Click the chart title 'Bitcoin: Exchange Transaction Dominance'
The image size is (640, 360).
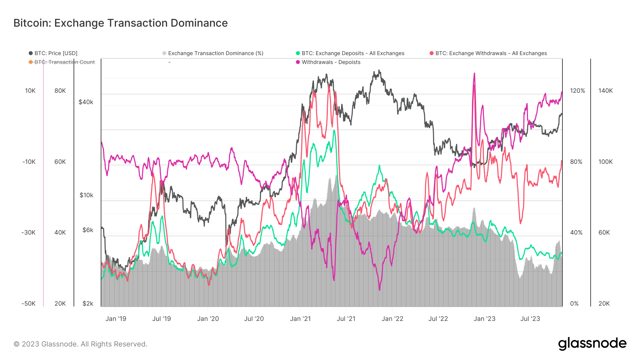tap(121, 23)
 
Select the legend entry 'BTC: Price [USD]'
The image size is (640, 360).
tap(55, 53)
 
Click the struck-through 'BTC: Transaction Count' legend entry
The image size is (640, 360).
tap(64, 62)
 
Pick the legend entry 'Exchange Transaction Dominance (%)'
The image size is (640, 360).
tap(215, 53)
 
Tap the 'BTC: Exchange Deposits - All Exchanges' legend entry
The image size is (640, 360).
tap(353, 53)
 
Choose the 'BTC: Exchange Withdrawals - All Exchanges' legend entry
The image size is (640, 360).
tap(491, 53)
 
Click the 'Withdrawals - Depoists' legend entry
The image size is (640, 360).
tap(331, 62)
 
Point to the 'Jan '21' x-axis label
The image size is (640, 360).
tap(300, 319)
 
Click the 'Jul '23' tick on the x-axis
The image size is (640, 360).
tap(530, 319)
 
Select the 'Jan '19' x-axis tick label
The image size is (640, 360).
tap(116, 319)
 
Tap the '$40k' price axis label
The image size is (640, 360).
tap(86, 102)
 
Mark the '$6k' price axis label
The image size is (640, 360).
tap(87, 230)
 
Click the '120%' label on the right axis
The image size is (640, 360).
tap(577, 91)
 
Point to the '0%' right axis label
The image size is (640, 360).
tap(574, 303)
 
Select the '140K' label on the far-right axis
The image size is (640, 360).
tap(606, 91)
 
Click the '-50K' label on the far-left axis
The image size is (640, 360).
tap(28, 303)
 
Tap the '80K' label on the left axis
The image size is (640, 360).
tap(60, 91)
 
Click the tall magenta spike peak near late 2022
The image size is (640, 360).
tap(474, 74)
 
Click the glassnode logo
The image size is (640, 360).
tap(592, 344)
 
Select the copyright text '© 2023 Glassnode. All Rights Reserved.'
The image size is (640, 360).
tap(80, 344)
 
